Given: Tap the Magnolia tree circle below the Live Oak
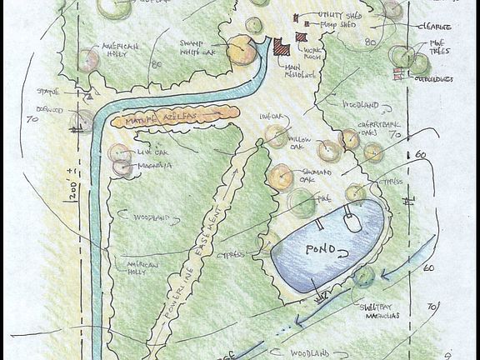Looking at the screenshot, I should tap(123, 167).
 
